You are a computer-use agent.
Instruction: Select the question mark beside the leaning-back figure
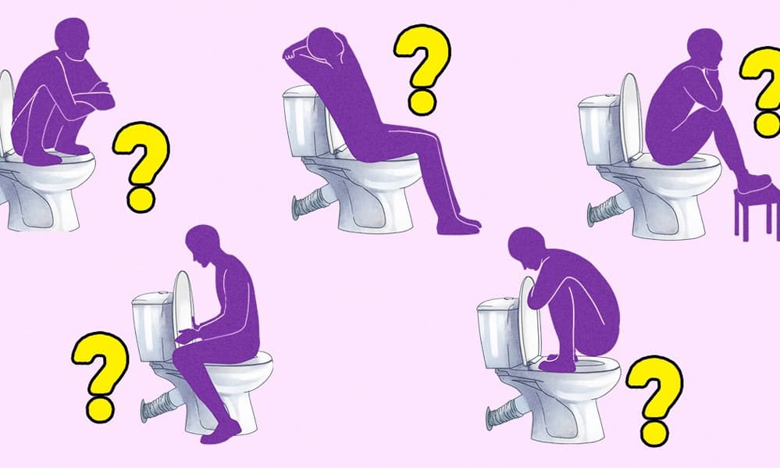click(422, 69)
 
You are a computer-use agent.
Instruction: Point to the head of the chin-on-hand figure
click(705, 48)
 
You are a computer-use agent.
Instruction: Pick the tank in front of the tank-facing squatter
click(497, 333)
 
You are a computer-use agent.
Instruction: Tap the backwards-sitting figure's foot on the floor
click(222, 434)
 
